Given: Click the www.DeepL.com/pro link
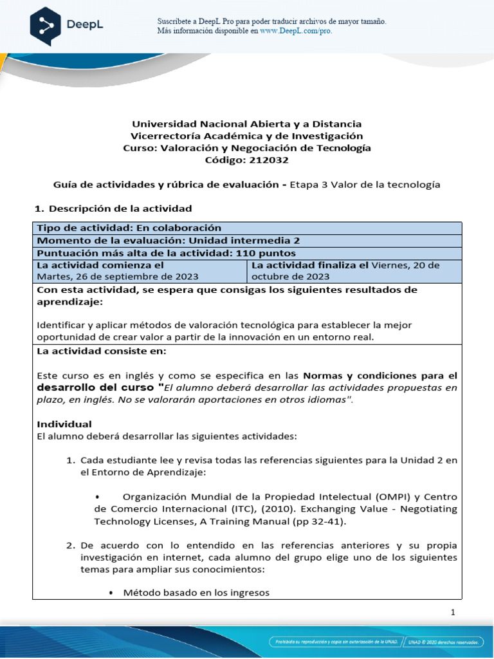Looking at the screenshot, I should (x=296, y=30).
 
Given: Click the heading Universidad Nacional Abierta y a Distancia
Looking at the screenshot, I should (x=247, y=124).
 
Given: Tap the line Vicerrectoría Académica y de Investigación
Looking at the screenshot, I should (x=247, y=136).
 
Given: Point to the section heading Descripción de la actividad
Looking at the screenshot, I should (x=120, y=209).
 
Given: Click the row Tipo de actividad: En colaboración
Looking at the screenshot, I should (x=129, y=228).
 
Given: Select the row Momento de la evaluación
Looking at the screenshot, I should (x=168, y=240).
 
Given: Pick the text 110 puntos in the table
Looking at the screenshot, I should (x=266, y=253).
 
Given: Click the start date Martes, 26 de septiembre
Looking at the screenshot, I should (x=118, y=277).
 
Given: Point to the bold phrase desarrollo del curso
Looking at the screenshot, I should (x=96, y=387).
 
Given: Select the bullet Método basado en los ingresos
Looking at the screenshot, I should (x=196, y=593).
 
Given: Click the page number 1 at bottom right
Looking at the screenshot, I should (x=453, y=613).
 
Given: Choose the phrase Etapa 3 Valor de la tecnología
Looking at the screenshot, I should (x=365, y=185).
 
